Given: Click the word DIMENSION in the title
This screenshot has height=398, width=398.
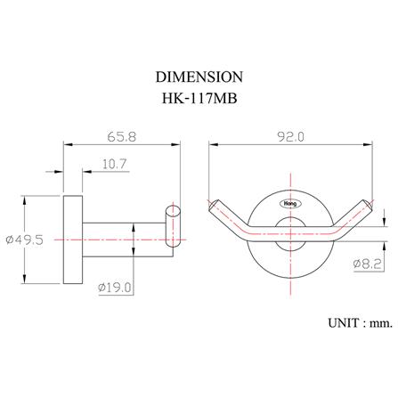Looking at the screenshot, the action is tap(199, 77).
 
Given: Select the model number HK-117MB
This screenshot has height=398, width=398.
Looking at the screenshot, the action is tap(199, 98).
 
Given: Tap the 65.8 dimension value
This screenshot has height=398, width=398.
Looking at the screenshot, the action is tap(122, 137).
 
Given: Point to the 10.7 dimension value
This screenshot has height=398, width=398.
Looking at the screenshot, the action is tap(115, 164).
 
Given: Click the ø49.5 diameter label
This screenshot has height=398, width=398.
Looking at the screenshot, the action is tap(25, 240).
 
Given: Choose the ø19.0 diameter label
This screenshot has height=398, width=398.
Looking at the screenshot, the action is tap(115, 288).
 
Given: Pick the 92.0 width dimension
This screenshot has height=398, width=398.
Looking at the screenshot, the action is tap(290, 137).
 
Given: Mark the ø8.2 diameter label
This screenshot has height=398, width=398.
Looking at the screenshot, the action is tap(367, 264).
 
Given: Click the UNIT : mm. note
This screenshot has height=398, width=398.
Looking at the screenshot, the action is tap(360, 323).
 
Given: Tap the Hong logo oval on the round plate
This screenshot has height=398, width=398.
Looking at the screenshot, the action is tap(290, 204).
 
